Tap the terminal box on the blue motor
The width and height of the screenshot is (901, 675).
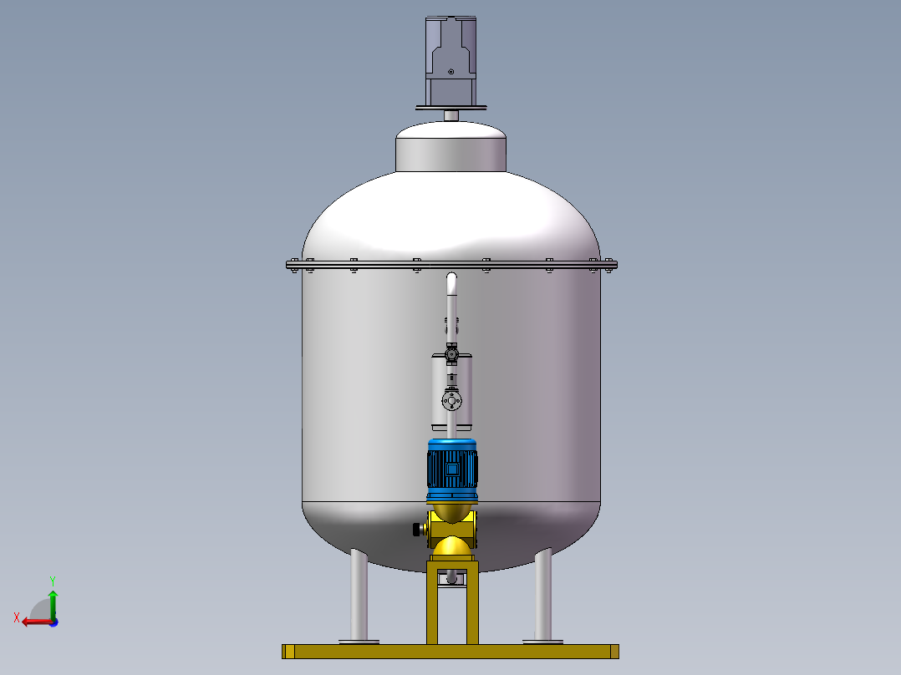(x=452, y=470)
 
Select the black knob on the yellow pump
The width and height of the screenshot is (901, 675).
(x=415, y=529)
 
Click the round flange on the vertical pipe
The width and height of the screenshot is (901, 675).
(x=452, y=403)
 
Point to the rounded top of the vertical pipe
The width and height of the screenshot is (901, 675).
(x=452, y=278)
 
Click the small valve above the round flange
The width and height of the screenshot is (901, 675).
(x=451, y=355)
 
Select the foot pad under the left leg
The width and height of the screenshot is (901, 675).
(x=358, y=642)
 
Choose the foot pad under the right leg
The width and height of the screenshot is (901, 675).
(x=543, y=642)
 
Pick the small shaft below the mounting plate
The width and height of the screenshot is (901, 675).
(x=451, y=115)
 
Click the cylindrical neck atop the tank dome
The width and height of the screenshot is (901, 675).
(x=451, y=150)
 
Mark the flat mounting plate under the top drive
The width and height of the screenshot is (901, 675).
(x=451, y=107)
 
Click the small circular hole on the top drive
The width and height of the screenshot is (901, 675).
(x=451, y=72)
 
